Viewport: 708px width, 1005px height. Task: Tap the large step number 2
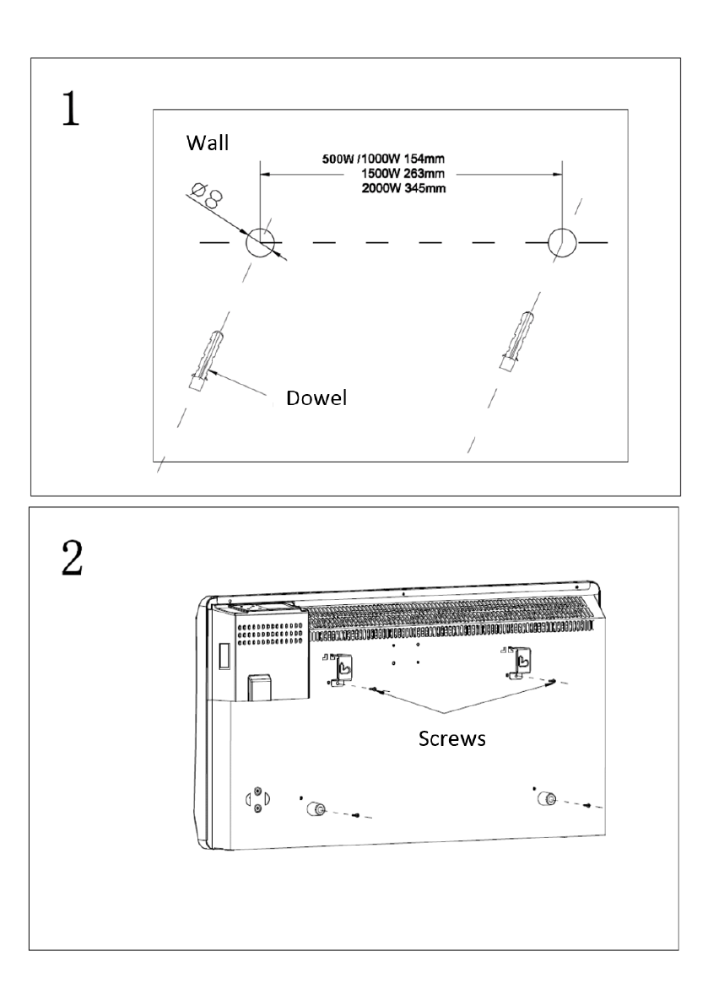point(72,558)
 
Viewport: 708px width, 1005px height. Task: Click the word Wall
point(207,143)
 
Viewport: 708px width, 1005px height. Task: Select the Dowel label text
point(316,398)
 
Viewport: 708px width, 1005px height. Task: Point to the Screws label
point(451,738)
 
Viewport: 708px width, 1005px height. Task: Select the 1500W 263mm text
point(403,173)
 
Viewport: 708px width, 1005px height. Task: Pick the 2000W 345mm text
point(403,188)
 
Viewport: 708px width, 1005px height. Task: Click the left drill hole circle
point(260,243)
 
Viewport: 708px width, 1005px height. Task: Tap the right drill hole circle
point(562,243)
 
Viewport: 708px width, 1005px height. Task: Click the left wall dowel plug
point(203,360)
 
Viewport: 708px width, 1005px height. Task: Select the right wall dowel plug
point(517,342)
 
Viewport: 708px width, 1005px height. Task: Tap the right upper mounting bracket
point(519,663)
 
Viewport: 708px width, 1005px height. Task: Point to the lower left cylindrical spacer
point(316,809)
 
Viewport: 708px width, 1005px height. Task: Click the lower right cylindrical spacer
point(547,798)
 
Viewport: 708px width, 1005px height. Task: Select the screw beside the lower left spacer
point(357,815)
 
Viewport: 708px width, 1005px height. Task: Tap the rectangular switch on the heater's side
point(223,657)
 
